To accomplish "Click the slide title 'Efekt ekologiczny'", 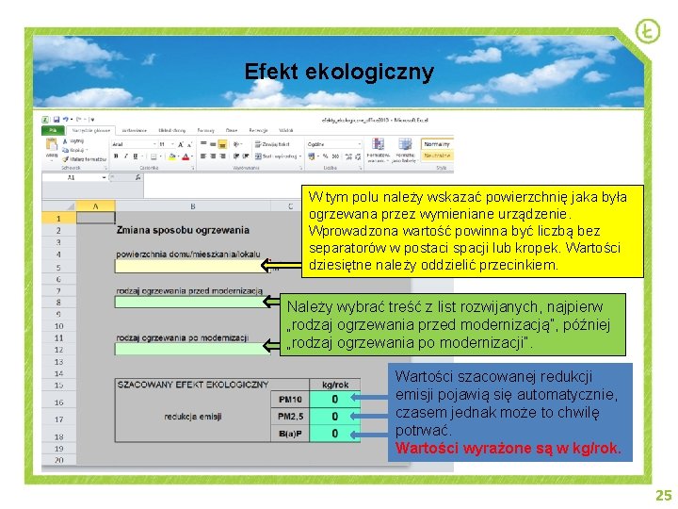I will click(339, 72).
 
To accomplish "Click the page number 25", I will click(663, 496).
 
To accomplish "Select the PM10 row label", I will click(291, 400).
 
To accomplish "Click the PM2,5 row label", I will click(291, 417).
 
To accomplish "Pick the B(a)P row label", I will click(291, 434).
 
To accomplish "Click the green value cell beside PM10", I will click(334, 400).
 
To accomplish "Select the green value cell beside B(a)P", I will click(334, 434).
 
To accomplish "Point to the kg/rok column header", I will click(334, 385).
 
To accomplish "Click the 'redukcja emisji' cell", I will click(193, 417).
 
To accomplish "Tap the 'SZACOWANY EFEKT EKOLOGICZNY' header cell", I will click(193, 385).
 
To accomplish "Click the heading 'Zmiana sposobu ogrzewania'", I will click(183, 229).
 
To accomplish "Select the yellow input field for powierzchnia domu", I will click(188, 266).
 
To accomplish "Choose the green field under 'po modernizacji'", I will click(188, 349).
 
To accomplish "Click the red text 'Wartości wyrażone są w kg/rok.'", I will click(508, 448).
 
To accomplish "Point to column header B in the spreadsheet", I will click(192, 205).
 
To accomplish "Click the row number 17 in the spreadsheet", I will click(57, 419).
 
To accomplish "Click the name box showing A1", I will click(72, 177).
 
